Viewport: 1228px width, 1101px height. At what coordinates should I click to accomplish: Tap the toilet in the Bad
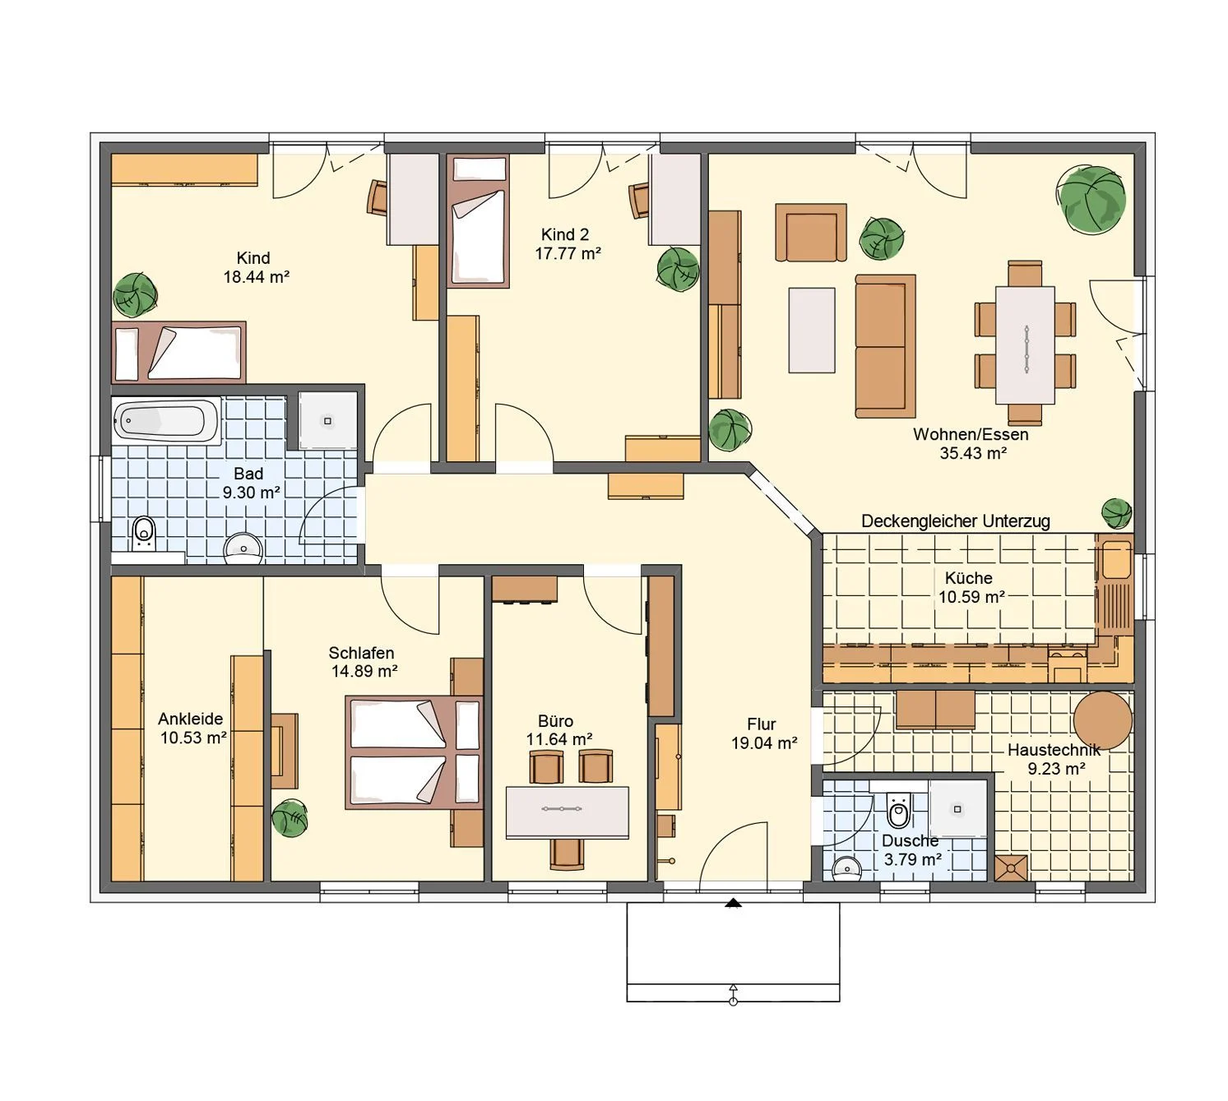coord(144,533)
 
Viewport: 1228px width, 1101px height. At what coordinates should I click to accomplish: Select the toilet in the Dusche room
coord(897,810)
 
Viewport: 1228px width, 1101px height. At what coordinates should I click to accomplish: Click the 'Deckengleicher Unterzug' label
coord(955,521)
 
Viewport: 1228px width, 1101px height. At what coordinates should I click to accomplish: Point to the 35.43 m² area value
coord(973,453)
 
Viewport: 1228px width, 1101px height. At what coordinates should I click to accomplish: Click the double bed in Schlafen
coord(414,752)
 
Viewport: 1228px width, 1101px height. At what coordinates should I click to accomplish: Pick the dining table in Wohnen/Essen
coord(1025,345)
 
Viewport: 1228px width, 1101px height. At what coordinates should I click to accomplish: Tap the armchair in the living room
coord(811,232)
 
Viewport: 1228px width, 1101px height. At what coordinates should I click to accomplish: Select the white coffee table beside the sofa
coord(812,331)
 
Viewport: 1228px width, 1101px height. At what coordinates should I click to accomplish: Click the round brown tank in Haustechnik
coord(1102,720)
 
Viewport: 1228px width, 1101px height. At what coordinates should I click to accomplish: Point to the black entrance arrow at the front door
coord(734,904)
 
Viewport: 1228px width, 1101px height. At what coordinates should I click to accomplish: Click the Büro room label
coord(555,721)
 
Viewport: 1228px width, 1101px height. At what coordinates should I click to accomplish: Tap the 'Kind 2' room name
coord(565,234)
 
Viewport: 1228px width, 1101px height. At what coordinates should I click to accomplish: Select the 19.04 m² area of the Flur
coord(764,742)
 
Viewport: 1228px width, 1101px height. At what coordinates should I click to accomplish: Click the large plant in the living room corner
coord(1092,199)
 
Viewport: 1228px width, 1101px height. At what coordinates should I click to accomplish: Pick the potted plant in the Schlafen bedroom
coord(290,819)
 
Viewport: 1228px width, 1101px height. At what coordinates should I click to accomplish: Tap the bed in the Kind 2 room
coord(478,221)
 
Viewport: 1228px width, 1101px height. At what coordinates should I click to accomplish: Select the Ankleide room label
coord(190,719)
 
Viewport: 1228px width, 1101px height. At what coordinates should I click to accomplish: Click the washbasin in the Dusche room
coord(846,868)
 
